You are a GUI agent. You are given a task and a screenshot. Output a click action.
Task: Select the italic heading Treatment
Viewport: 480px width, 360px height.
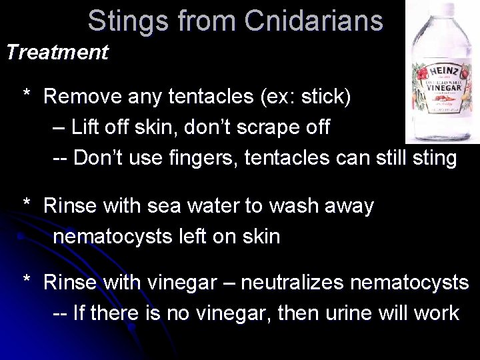pyautogui.click(x=57, y=52)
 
